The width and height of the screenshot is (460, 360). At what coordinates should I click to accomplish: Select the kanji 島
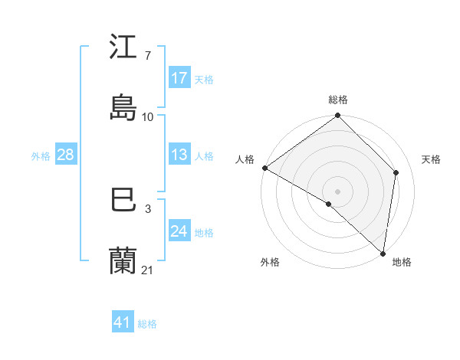(123, 107)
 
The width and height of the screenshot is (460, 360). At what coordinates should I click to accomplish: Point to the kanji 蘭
(123, 260)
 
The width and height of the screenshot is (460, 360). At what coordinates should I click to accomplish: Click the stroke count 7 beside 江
(147, 56)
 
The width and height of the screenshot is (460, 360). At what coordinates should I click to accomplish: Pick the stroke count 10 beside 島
(148, 116)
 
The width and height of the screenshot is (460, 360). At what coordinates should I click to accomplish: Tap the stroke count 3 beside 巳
(147, 208)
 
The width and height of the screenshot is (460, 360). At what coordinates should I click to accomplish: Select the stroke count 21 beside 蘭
(148, 270)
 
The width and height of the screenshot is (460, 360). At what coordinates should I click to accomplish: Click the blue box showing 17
(179, 78)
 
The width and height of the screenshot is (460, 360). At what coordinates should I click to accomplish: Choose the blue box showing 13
(179, 155)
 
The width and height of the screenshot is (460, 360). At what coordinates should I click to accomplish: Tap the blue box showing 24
(179, 231)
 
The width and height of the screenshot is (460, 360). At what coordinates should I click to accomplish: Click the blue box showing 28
(66, 155)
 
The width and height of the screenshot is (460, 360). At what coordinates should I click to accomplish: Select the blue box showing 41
(123, 322)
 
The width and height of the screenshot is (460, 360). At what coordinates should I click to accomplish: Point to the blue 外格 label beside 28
(41, 155)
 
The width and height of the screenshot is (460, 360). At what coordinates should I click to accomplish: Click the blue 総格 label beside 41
(147, 323)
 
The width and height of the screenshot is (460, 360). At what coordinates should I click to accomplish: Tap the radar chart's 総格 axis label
(338, 100)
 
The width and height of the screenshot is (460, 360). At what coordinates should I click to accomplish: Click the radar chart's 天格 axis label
(432, 159)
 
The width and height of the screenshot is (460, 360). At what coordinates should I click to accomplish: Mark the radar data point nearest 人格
(264, 168)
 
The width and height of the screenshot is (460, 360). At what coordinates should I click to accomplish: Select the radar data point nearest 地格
(383, 253)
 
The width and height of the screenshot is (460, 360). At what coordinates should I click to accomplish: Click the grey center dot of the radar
(338, 191)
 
